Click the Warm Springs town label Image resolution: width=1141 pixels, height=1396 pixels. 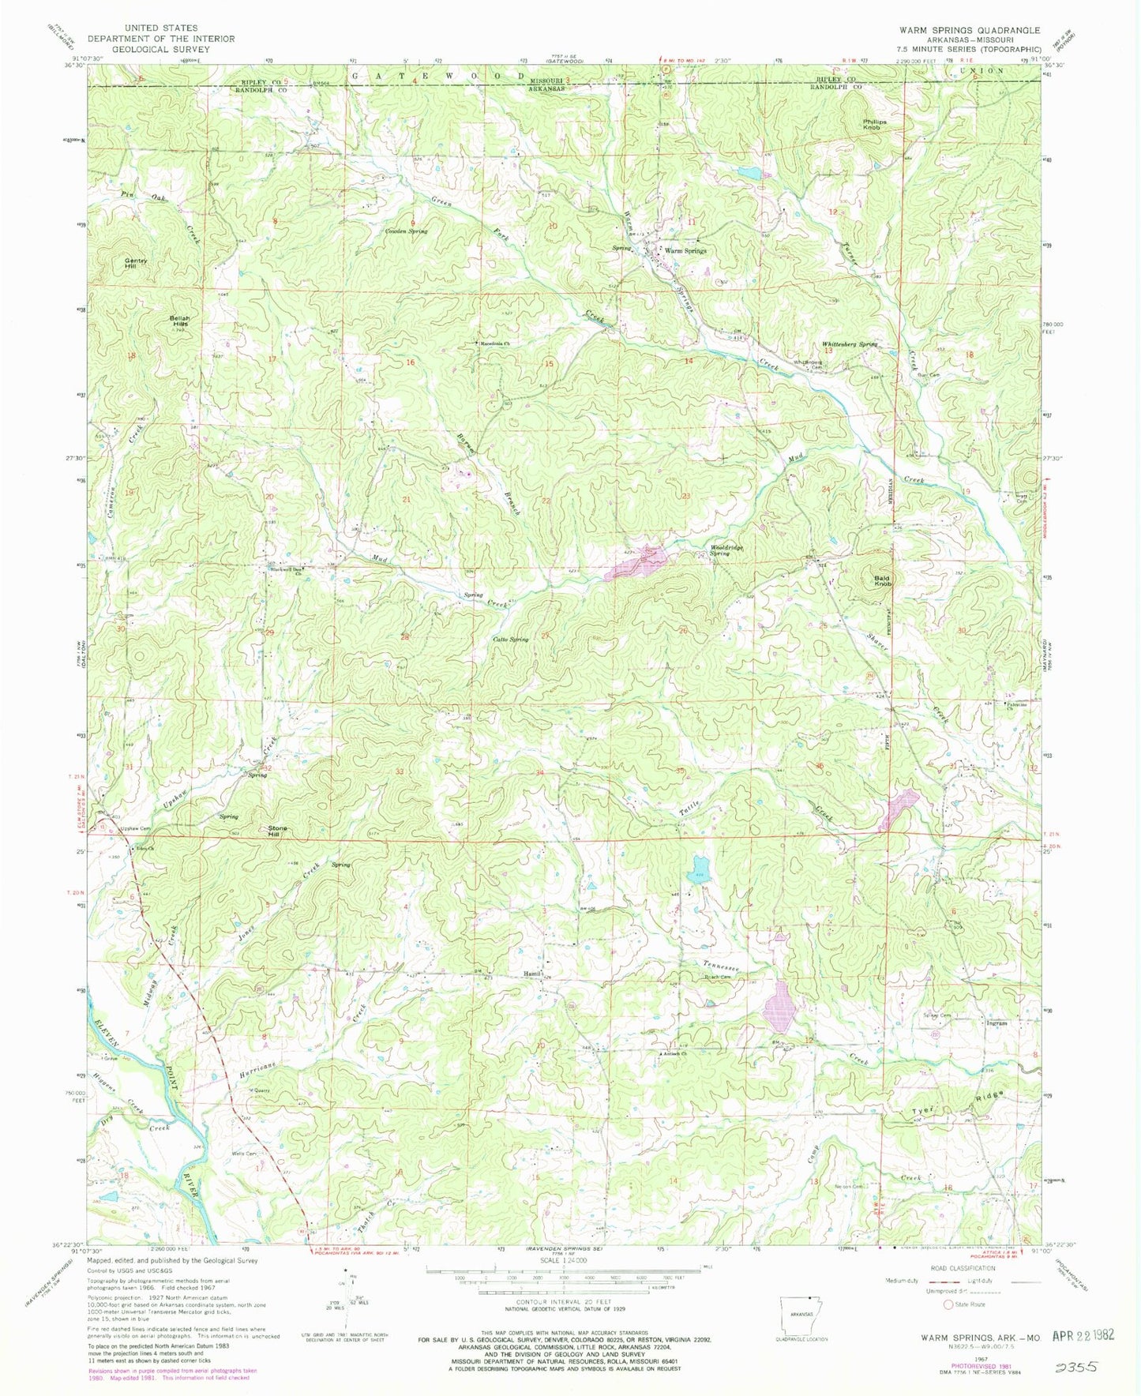(x=685, y=250)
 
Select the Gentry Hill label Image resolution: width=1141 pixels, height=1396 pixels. (x=137, y=264)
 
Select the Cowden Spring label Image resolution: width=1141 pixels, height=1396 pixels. (x=406, y=231)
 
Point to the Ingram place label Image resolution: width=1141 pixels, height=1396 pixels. (x=997, y=1023)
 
